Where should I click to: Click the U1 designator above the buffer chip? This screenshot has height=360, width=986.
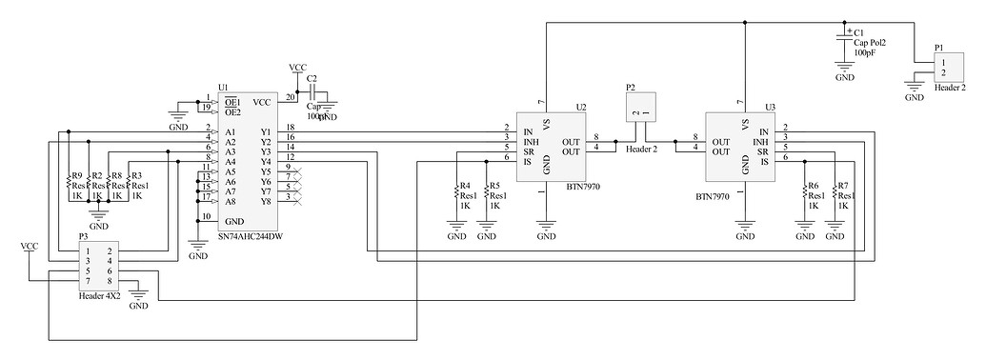[223, 88]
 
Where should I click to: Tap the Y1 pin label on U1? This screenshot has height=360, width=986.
[265, 131]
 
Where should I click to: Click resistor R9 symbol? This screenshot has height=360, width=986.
[72, 186]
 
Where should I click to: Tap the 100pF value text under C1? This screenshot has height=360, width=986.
[865, 53]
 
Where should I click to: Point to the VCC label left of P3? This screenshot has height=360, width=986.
[30, 247]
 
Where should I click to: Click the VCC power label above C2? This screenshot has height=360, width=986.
[297, 68]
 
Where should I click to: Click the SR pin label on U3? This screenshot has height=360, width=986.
[762, 151]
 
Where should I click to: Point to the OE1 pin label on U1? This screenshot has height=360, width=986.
[231, 101]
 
